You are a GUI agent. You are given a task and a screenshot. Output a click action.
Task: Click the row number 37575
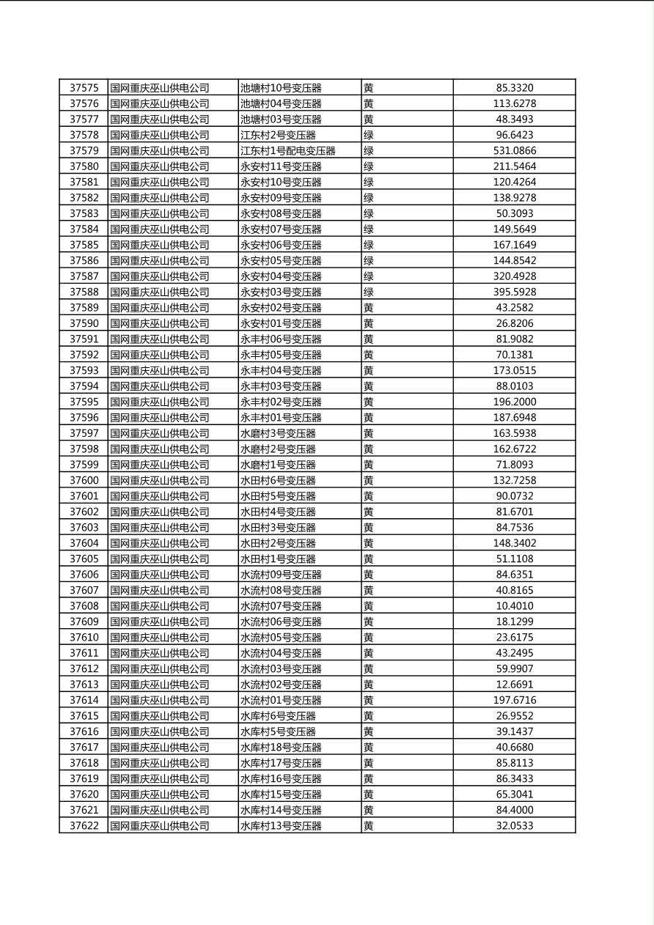point(84,88)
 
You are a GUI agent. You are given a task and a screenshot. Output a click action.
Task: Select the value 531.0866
point(514,151)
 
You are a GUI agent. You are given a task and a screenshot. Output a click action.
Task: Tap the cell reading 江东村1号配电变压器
point(287,151)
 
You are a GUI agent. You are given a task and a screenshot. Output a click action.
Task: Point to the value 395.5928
point(514,292)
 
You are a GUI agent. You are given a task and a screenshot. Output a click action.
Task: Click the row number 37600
point(84,481)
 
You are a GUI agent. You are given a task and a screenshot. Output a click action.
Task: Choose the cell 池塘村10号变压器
point(281,88)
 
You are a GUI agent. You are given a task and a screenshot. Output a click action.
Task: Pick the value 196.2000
point(514,402)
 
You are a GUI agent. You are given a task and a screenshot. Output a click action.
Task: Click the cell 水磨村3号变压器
point(278,434)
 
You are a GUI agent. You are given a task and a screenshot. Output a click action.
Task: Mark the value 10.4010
point(514,606)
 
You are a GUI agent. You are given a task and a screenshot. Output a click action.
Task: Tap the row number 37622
point(84,826)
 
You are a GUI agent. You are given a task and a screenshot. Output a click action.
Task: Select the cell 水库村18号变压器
point(281,748)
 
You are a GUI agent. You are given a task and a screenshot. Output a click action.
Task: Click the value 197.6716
point(514,701)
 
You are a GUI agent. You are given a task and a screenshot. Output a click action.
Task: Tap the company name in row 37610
point(160,638)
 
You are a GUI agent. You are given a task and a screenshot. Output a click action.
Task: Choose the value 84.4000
point(514,811)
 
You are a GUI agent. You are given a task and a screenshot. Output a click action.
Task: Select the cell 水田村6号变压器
point(278,481)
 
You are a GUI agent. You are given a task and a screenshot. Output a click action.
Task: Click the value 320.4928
point(514,276)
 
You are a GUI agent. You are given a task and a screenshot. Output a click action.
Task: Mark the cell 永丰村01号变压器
point(281,418)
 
